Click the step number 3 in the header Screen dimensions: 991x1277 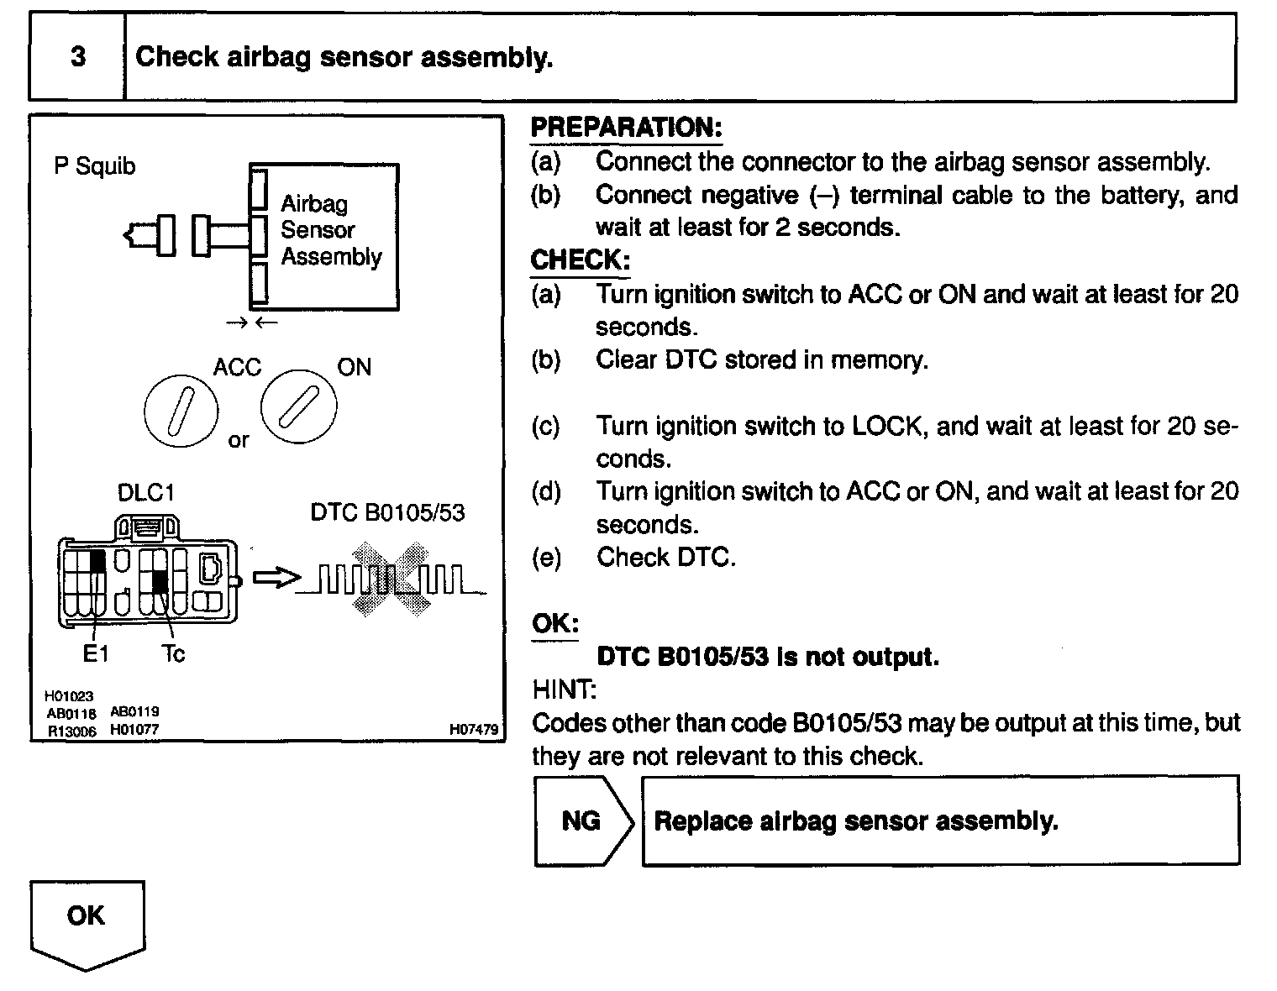tap(78, 57)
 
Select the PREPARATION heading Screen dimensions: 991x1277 tap(626, 128)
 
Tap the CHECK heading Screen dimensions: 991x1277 tap(580, 260)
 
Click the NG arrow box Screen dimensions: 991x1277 tap(582, 821)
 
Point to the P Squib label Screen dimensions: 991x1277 tap(94, 166)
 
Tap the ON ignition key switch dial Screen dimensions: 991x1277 tap(298, 406)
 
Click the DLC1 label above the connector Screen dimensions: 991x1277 tap(146, 492)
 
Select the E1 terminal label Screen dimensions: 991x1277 tap(96, 653)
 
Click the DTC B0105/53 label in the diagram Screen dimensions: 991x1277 tap(387, 512)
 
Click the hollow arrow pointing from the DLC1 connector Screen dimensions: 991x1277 tap(276, 579)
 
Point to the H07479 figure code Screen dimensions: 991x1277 tap(474, 730)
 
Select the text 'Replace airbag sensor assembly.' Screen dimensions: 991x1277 tap(855, 821)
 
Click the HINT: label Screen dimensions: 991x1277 tap(564, 690)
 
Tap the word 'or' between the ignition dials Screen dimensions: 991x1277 tap(239, 440)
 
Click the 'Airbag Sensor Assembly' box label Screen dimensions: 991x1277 tap(330, 230)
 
